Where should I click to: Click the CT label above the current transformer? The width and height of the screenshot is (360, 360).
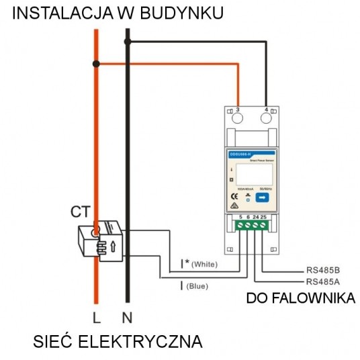(80, 213)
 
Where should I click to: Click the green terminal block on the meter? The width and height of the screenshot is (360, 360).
(252, 226)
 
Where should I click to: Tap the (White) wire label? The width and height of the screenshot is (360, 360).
(205, 265)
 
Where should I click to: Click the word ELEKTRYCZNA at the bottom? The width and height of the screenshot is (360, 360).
(142, 343)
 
